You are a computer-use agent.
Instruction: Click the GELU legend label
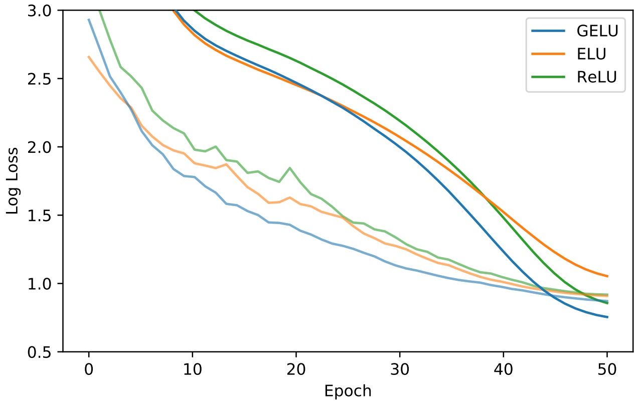[x=597, y=31]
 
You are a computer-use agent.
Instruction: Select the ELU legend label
[x=590, y=54]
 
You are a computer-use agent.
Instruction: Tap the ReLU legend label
[x=597, y=77]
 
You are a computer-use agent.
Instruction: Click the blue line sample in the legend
[x=549, y=31]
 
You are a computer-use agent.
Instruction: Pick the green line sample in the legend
[x=549, y=77]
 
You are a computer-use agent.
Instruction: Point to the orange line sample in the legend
[x=549, y=54]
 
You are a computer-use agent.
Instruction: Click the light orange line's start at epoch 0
[x=89, y=57]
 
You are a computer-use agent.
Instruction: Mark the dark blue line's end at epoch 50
[x=607, y=317]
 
